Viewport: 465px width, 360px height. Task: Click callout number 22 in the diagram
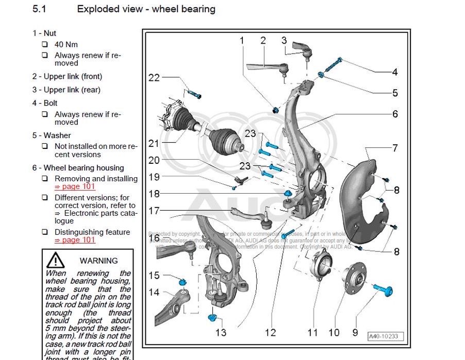pyautogui.click(x=154, y=78)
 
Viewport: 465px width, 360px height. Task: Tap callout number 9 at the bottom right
pyautogui.click(x=355, y=332)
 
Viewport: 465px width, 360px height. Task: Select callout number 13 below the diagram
pyautogui.click(x=221, y=332)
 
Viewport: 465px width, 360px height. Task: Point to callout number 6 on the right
pyautogui.click(x=395, y=113)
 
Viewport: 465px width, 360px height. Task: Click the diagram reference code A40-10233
pyautogui.click(x=386, y=337)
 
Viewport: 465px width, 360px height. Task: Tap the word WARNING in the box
pyautogui.click(x=99, y=261)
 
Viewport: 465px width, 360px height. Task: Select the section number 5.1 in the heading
pyautogui.click(x=39, y=9)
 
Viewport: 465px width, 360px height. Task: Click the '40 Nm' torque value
pyautogui.click(x=66, y=44)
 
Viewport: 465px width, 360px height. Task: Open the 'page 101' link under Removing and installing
pyautogui.click(x=75, y=186)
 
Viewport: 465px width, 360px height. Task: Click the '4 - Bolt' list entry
pyautogui.click(x=45, y=103)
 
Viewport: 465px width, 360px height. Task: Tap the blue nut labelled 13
pyautogui.click(x=212, y=316)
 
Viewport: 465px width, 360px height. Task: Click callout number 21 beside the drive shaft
pyautogui.click(x=154, y=143)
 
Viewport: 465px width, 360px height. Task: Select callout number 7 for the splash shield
pyautogui.click(x=395, y=148)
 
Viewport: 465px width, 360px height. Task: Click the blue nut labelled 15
pyautogui.click(x=181, y=282)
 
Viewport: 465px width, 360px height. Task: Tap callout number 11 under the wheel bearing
pyautogui.click(x=313, y=332)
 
